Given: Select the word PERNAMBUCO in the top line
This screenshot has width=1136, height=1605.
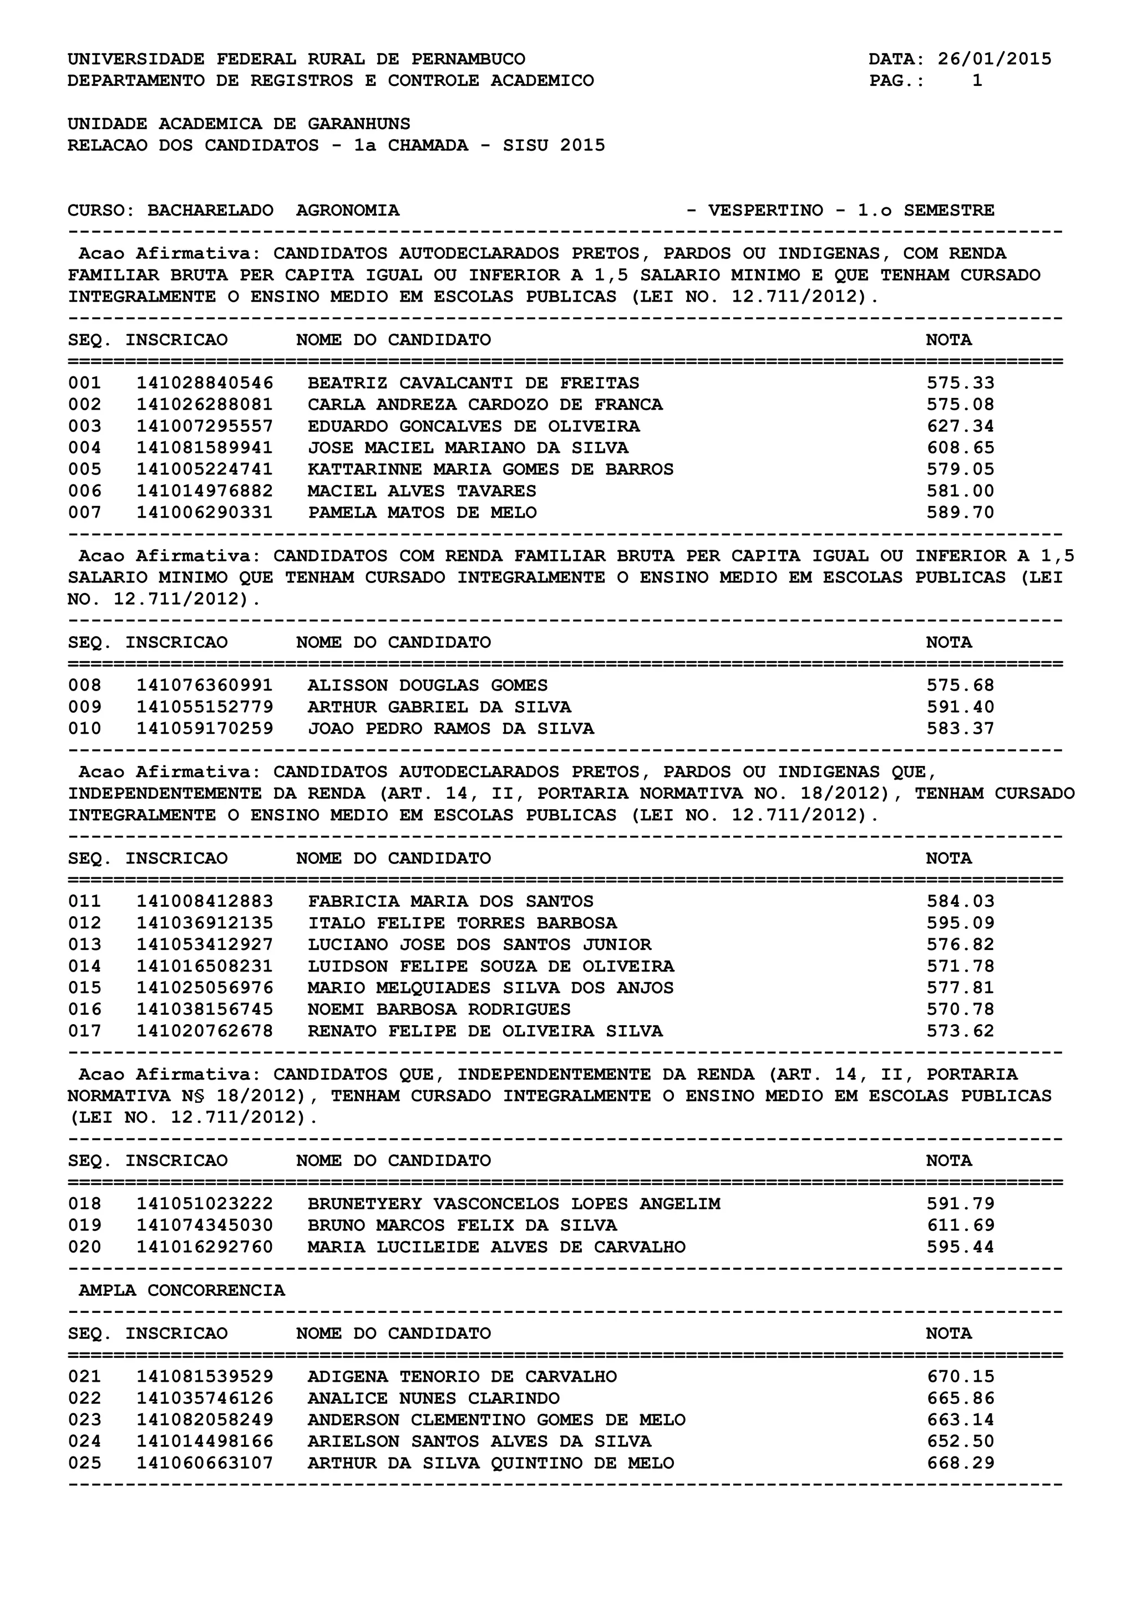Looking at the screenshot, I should tap(468, 59).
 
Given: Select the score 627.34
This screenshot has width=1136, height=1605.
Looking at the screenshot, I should tap(960, 426).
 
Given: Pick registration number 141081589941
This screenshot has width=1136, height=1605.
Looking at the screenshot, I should tap(204, 447).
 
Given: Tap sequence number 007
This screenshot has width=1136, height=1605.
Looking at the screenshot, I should tap(85, 513).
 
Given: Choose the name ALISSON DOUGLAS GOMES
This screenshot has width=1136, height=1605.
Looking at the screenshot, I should tap(428, 685).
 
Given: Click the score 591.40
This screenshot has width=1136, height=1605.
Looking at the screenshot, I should tap(960, 707).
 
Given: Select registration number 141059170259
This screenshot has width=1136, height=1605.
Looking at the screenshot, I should tap(204, 728).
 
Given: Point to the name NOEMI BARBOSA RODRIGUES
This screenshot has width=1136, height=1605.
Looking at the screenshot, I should tap(439, 1009).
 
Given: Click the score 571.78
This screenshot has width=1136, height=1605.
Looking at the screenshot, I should tap(960, 966).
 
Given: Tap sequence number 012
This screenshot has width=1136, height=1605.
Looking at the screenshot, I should tap(85, 923).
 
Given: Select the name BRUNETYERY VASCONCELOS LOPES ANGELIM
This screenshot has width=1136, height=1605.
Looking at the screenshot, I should tap(514, 1203).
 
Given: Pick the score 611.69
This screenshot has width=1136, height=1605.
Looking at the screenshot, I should tap(960, 1225).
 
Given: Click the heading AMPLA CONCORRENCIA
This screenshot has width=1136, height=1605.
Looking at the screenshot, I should tap(182, 1290).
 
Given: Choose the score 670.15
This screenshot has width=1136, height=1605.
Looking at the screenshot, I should tap(960, 1377).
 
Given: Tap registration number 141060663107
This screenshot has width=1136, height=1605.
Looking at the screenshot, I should tap(204, 1463).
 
